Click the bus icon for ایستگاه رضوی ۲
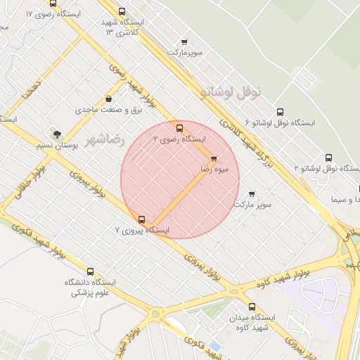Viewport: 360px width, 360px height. pyautogui.click(x=180, y=128)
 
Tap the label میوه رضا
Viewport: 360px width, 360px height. pyautogui.click(x=213, y=170)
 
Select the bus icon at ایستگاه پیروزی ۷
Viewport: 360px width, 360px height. pyautogui.click(x=143, y=219)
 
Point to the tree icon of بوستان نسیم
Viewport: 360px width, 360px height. pyautogui.click(x=56, y=134)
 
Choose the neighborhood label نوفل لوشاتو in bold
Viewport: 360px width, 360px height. pyautogui.click(x=231, y=91)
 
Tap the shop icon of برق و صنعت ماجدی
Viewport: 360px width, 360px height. pyautogui.click(x=108, y=98)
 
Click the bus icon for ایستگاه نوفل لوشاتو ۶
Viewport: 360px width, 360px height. pyautogui.click(x=281, y=111)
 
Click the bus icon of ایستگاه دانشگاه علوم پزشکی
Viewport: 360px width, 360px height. pyautogui.click(x=90, y=271)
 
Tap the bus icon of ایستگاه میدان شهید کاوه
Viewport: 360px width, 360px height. pyautogui.click(x=257, y=306)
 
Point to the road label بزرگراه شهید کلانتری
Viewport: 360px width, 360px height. pyautogui.click(x=252, y=141)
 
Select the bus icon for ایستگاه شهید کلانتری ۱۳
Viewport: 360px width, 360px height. pyautogui.click(x=122, y=11)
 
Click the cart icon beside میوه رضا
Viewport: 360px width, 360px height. pyautogui.click(x=214, y=158)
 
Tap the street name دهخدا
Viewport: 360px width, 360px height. pyautogui.click(x=30, y=89)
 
